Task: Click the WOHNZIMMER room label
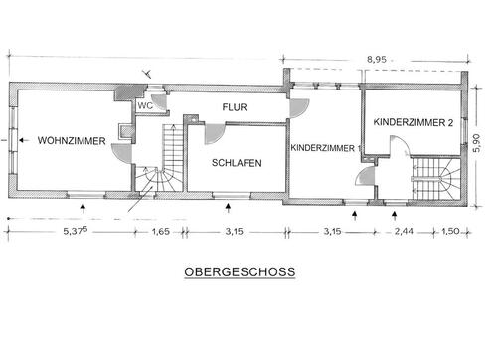pos(72,141)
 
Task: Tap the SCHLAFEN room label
pos(237,163)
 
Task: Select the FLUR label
pos(235,107)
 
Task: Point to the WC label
pos(145,106)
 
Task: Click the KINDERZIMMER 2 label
pos(414,122)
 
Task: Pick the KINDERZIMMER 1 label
pos(326,148)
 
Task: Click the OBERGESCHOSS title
pos(240,272)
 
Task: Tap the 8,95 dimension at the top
pos(377,60)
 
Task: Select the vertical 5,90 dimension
pos(477,143)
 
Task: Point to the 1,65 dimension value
pos(161,231)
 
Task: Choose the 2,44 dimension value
pos(404,231)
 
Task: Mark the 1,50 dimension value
pos(450,231)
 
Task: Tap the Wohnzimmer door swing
pos(122,154)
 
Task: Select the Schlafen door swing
pos(215,134)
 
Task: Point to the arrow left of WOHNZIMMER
pos(24,140)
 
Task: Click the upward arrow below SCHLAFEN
pos(228,208)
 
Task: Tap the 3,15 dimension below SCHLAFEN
pos(235,231)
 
